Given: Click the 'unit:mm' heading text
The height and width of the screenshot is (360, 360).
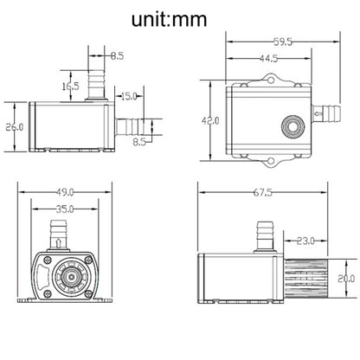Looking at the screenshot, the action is coord(169,19).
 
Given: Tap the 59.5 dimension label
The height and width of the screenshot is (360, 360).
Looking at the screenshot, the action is coord(283,42).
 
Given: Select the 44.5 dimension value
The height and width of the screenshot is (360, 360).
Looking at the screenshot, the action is coord(268,59).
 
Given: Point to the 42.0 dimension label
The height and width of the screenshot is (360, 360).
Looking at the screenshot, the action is coord(210,120).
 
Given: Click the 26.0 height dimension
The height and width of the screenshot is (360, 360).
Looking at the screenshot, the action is coord(15,126).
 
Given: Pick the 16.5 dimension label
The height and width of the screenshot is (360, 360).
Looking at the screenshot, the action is coord(71,86).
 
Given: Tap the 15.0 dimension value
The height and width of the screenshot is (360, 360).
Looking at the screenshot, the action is coord(129,96).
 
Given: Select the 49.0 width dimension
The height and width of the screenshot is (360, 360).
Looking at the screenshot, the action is coord(65,192).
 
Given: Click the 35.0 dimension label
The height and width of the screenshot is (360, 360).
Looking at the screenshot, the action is coord(65,209).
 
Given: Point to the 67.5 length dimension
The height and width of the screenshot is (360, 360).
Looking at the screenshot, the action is coord(262,192).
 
